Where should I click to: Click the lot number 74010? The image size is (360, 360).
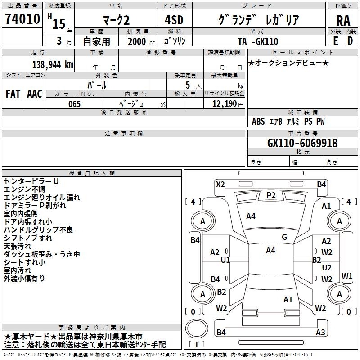(x=22, y=19)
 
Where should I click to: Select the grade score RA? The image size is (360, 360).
(x=343, y=21)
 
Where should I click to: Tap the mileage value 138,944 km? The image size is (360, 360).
(x=53, y=65)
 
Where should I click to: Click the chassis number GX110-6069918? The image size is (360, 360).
(x=302, y=143)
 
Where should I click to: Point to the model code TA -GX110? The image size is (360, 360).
(x=258, y=41)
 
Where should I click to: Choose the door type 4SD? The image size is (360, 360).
(x=174, y=20)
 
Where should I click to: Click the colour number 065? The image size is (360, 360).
(x=75, y=104)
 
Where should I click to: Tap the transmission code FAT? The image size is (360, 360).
(x=13, y=94)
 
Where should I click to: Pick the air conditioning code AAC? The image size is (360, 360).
(x=35, y=94)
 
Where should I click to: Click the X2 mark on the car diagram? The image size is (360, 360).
(x=220, y=184)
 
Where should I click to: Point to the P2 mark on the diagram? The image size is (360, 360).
(x=271, y=195)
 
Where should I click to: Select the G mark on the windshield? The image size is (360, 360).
(x=284, y=237)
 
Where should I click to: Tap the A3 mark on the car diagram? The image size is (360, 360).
(x=320, y=332)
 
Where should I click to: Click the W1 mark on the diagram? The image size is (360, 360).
(x=347, y=276)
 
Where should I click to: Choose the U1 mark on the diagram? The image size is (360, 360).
(x=225, y=260)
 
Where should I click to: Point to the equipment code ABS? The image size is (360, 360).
(x=258, y=121)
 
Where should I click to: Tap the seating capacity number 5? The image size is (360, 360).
(x=188, y=85)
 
